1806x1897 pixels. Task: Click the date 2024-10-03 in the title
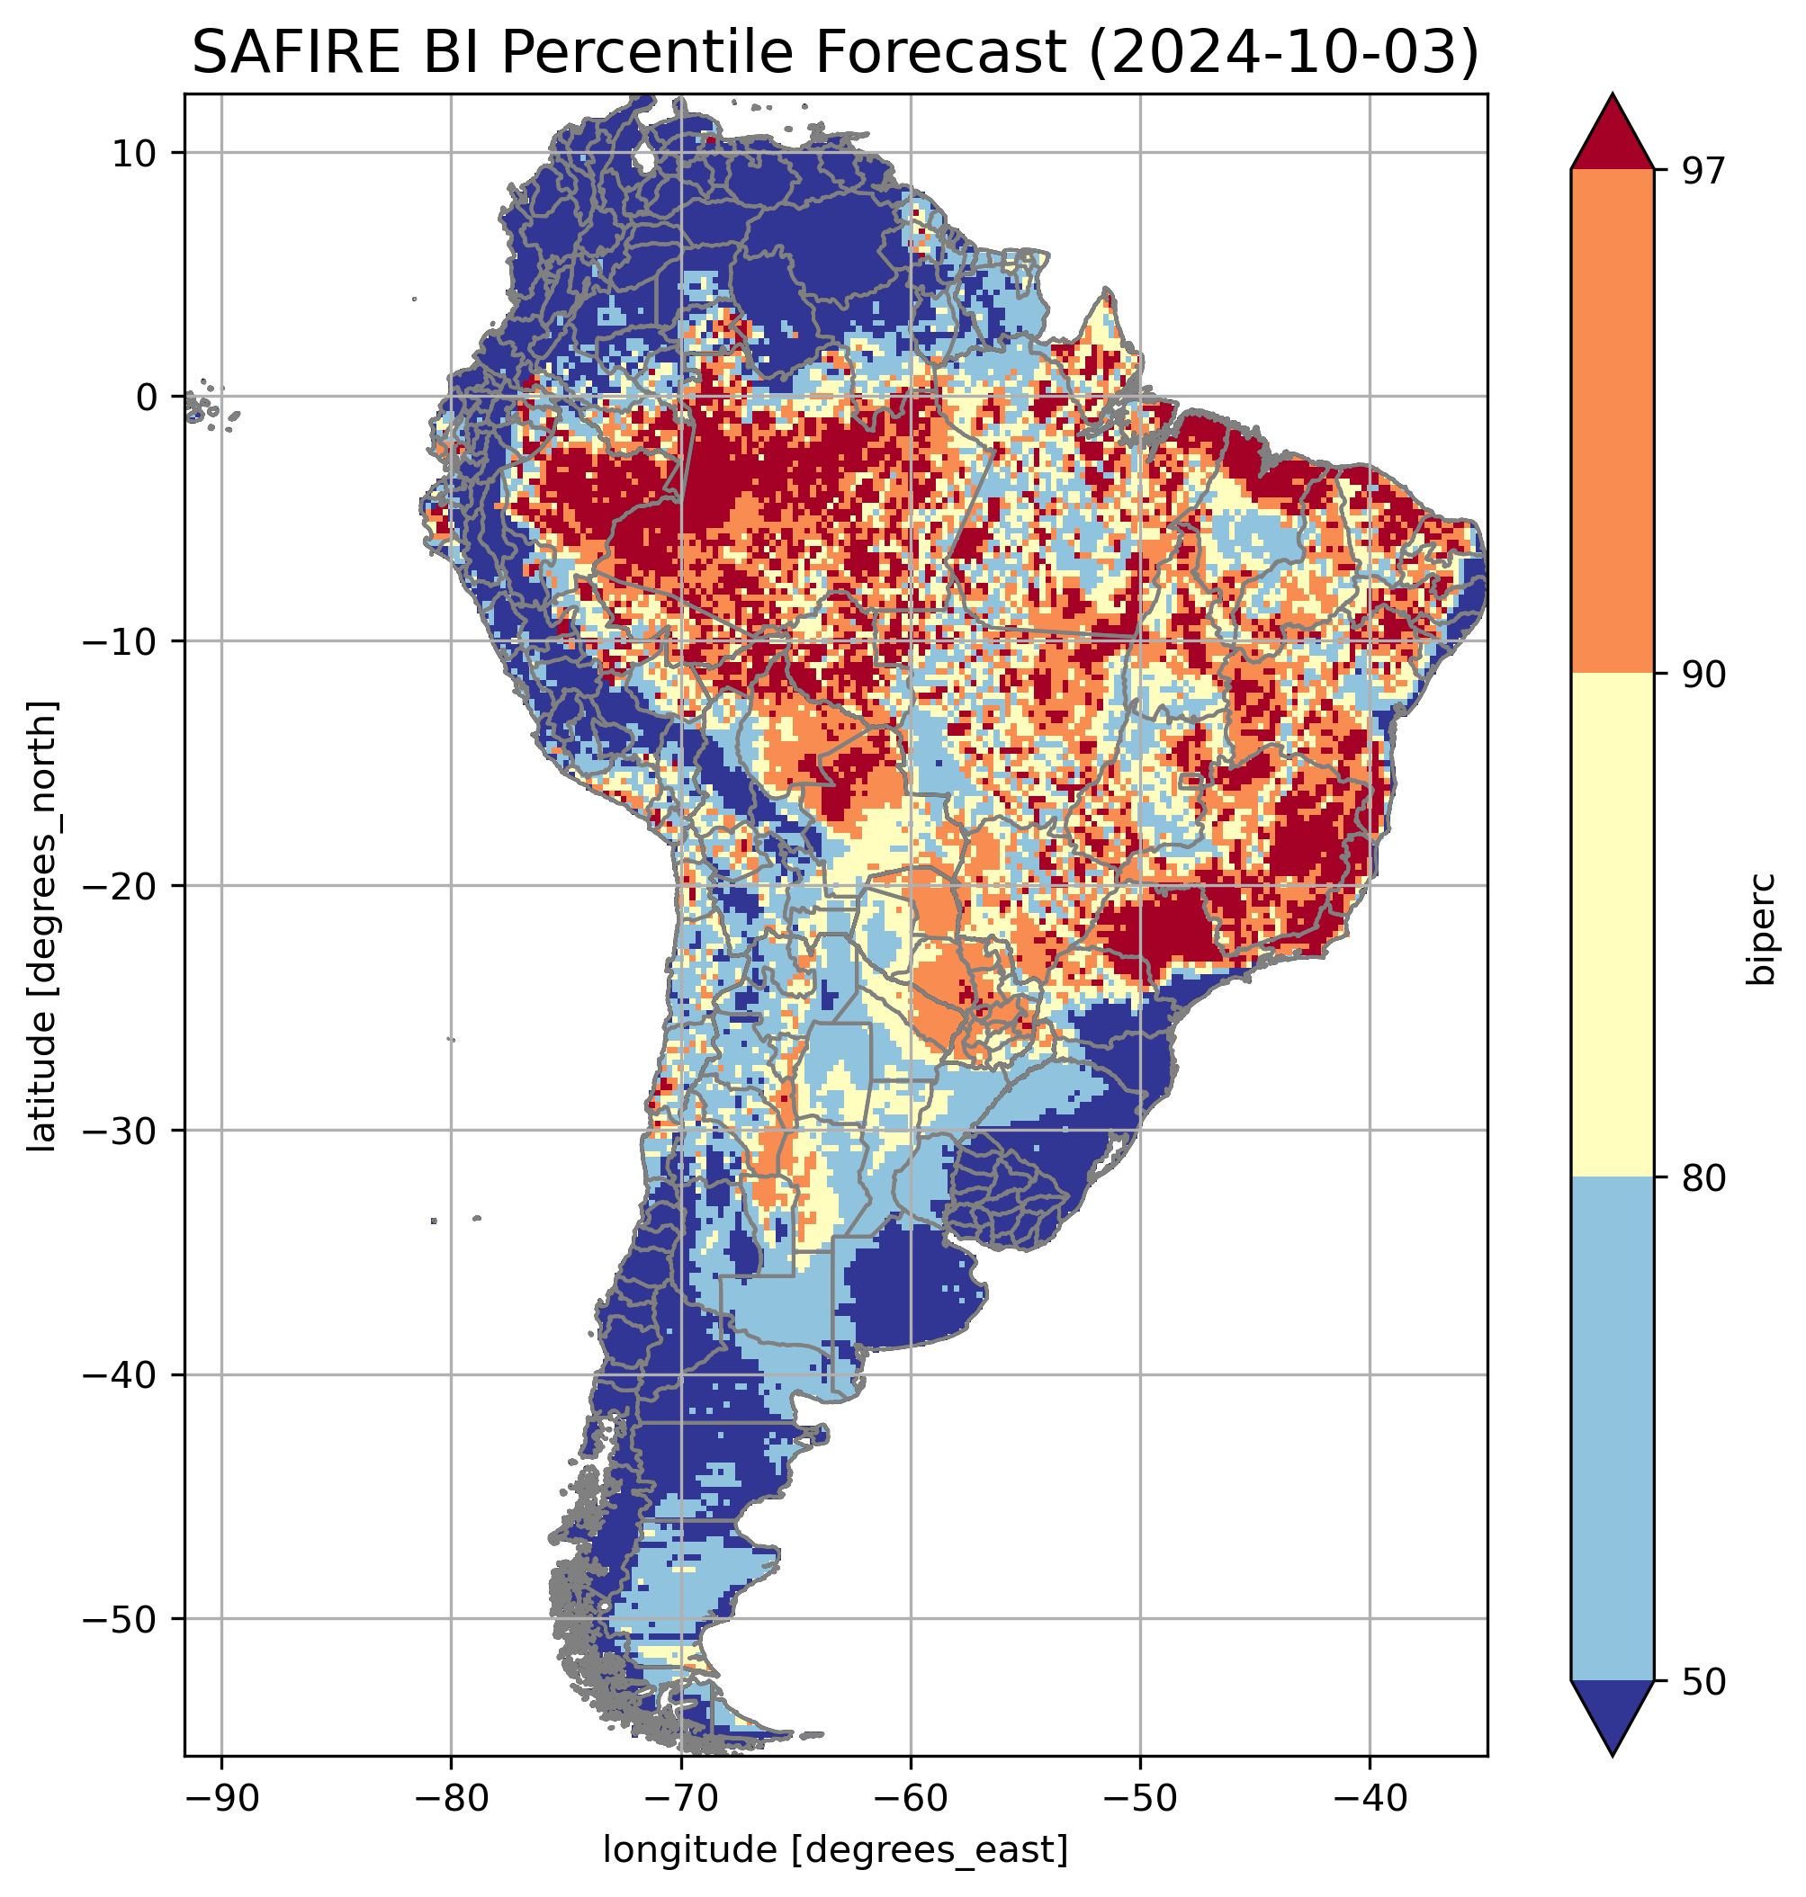pyautogui.click(x=1281, y=52)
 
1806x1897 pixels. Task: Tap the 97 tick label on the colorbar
pyautogui.click(x=1701, y=170)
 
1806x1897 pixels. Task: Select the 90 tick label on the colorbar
pyautogui.click(x=1701, y=674)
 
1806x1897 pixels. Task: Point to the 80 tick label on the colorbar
pyautogui.click(x=1701, y=1177)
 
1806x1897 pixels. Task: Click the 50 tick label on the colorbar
pyautogui.click(x=1701, y=1681)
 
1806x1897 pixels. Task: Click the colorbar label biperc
pyautogui.click(x=1764, y=926)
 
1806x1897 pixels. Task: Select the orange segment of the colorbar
pyautogui.click(x=1612, y=422)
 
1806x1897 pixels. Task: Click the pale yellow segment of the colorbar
pyautogui.click(x=1612, y=925)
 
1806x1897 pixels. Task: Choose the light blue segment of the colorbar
pyautogui.click(x=1612, y=1429)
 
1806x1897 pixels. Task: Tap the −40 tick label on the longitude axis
pyautogui.click(x=1369, y=1797)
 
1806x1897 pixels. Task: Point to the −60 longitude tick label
pyautogui.click(x=910, y=1797)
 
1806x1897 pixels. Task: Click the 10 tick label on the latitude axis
pyautogui.click(x=135, y=152)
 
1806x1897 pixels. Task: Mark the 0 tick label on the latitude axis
pyautogui.click(x=147, y=397)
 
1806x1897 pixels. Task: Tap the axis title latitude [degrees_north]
pyautogui.click(x=42, y=926)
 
